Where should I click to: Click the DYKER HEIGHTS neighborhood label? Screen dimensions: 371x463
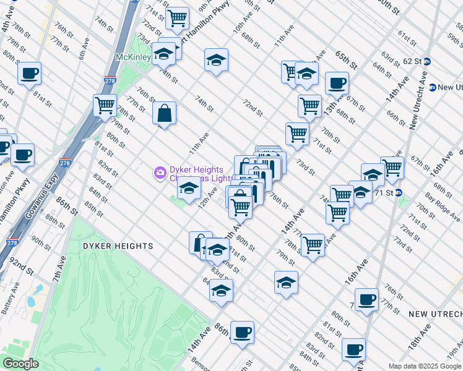pyautogui.click(x=118, y=246)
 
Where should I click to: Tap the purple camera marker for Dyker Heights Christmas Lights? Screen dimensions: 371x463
pyautogui.click(x=160, y=171)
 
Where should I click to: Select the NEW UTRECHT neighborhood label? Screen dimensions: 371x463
pyautogui.click(x=435, y=314)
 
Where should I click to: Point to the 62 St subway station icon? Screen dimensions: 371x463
pyautogui.click(x=435, y=62)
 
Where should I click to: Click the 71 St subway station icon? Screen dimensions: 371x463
pyautogui.click(x=399, y=192)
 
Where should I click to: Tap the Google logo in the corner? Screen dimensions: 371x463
pyautogui.click(x=20, y=364)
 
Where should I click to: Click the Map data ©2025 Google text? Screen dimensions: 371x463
pyautogui.click(x=424, y=366)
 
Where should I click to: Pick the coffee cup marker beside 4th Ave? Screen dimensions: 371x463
pyautogui.click(x=29, y=75)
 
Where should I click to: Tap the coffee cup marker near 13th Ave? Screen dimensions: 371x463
pyautogui.click(x=337, y=83)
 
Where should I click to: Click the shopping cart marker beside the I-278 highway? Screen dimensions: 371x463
pyautogui.click(x=105, y=104)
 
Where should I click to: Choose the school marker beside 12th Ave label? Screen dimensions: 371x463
pyautogui.click(x=189, y=190)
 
